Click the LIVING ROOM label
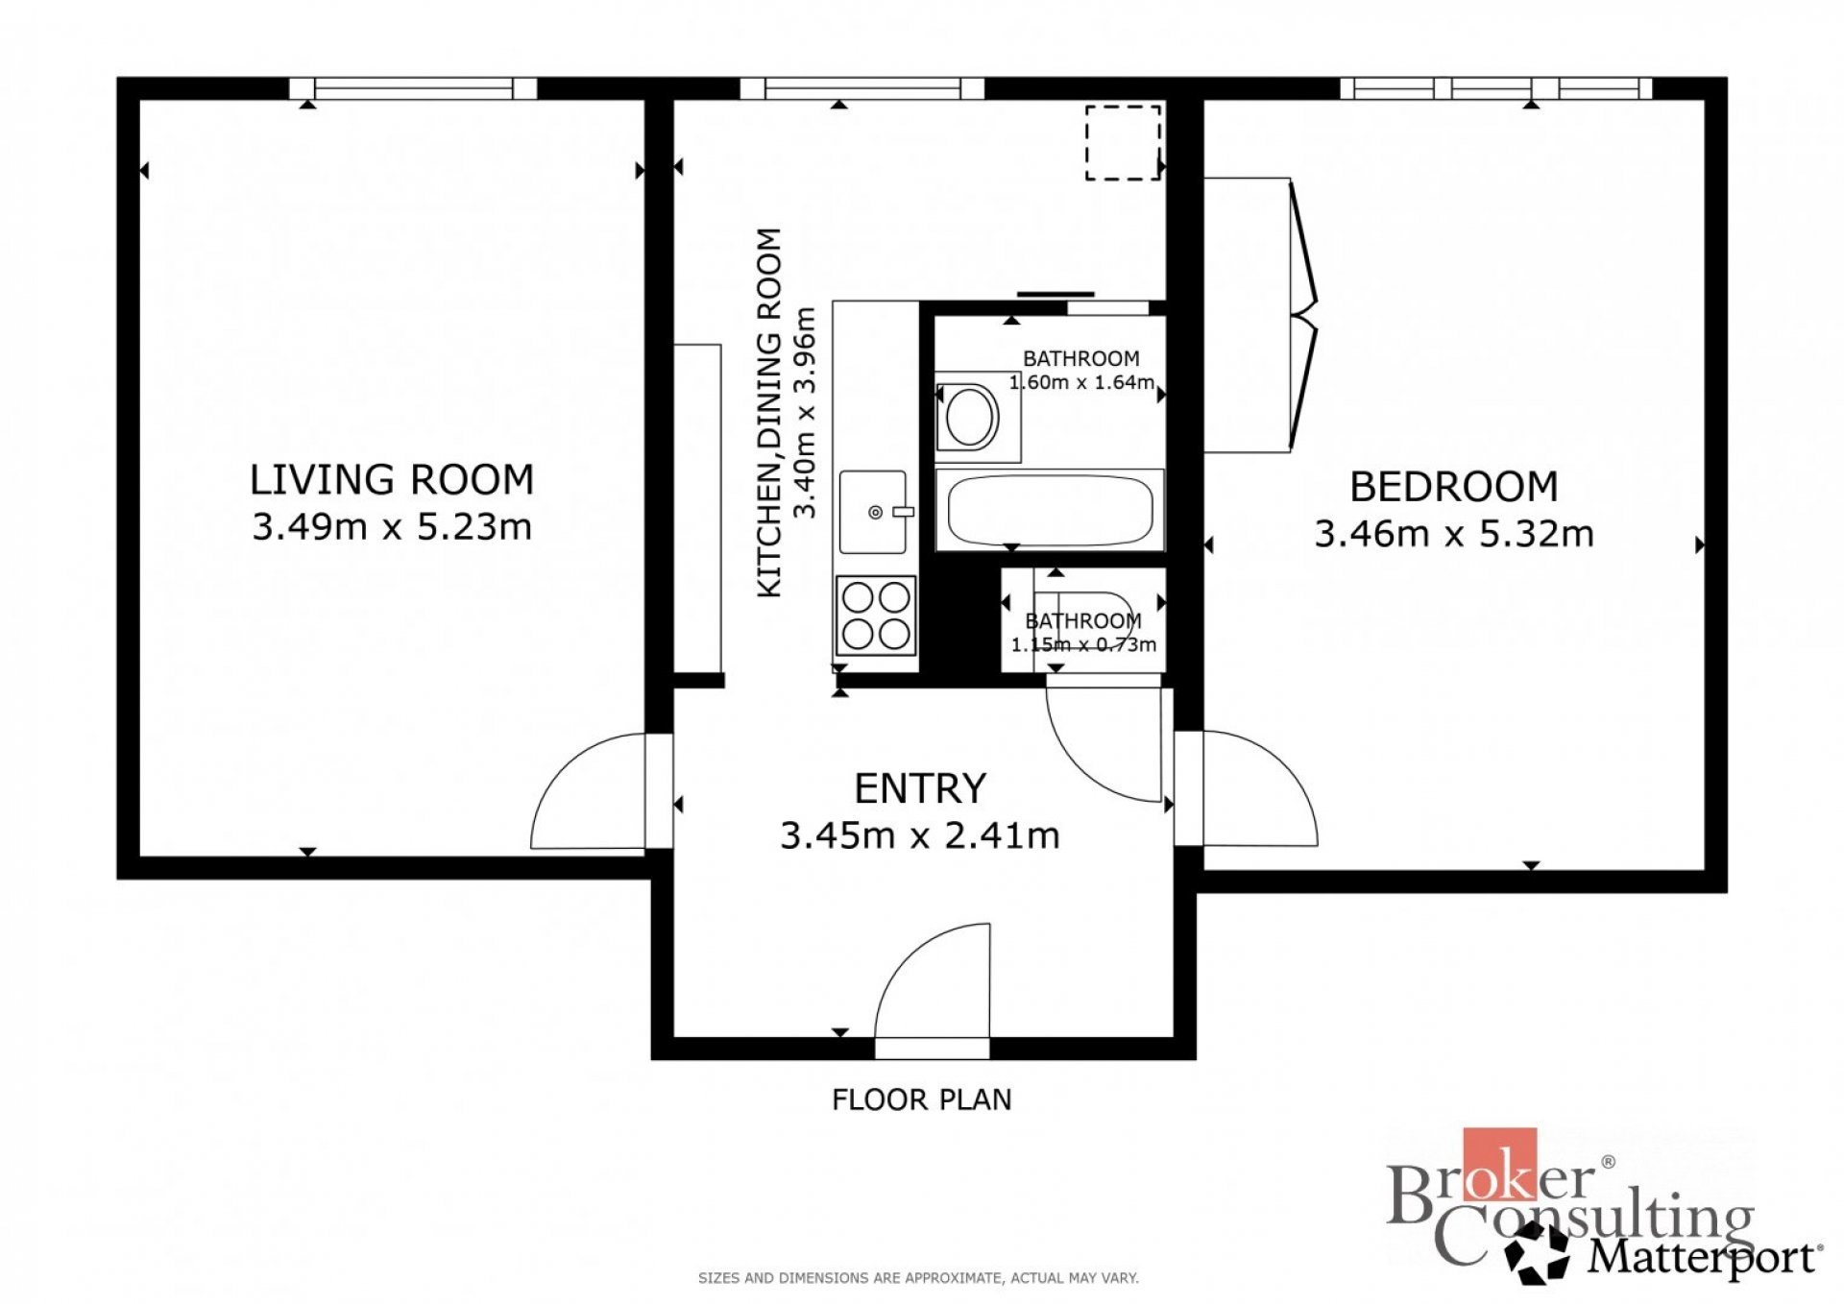[x=392, y=479]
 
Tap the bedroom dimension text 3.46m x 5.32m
[x=1454, y=533]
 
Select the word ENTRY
[x=920, y=788]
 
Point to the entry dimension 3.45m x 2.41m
[x=920, y=835]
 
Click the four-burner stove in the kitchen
[x=876, y=616]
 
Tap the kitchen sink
[x=874, y=512]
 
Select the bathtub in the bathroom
[x=1050, y=510]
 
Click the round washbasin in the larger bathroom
[x=970, y=417]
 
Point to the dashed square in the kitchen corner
[x=1123, y=142]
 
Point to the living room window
[x=413, y=88]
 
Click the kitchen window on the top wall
[x=862, y=88]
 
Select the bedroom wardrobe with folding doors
[x=1259, y=314]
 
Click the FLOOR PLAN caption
[x=922, y=1099]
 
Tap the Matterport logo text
[x=1705, y=1256]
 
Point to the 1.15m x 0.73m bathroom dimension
[x=1083, y=644]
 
